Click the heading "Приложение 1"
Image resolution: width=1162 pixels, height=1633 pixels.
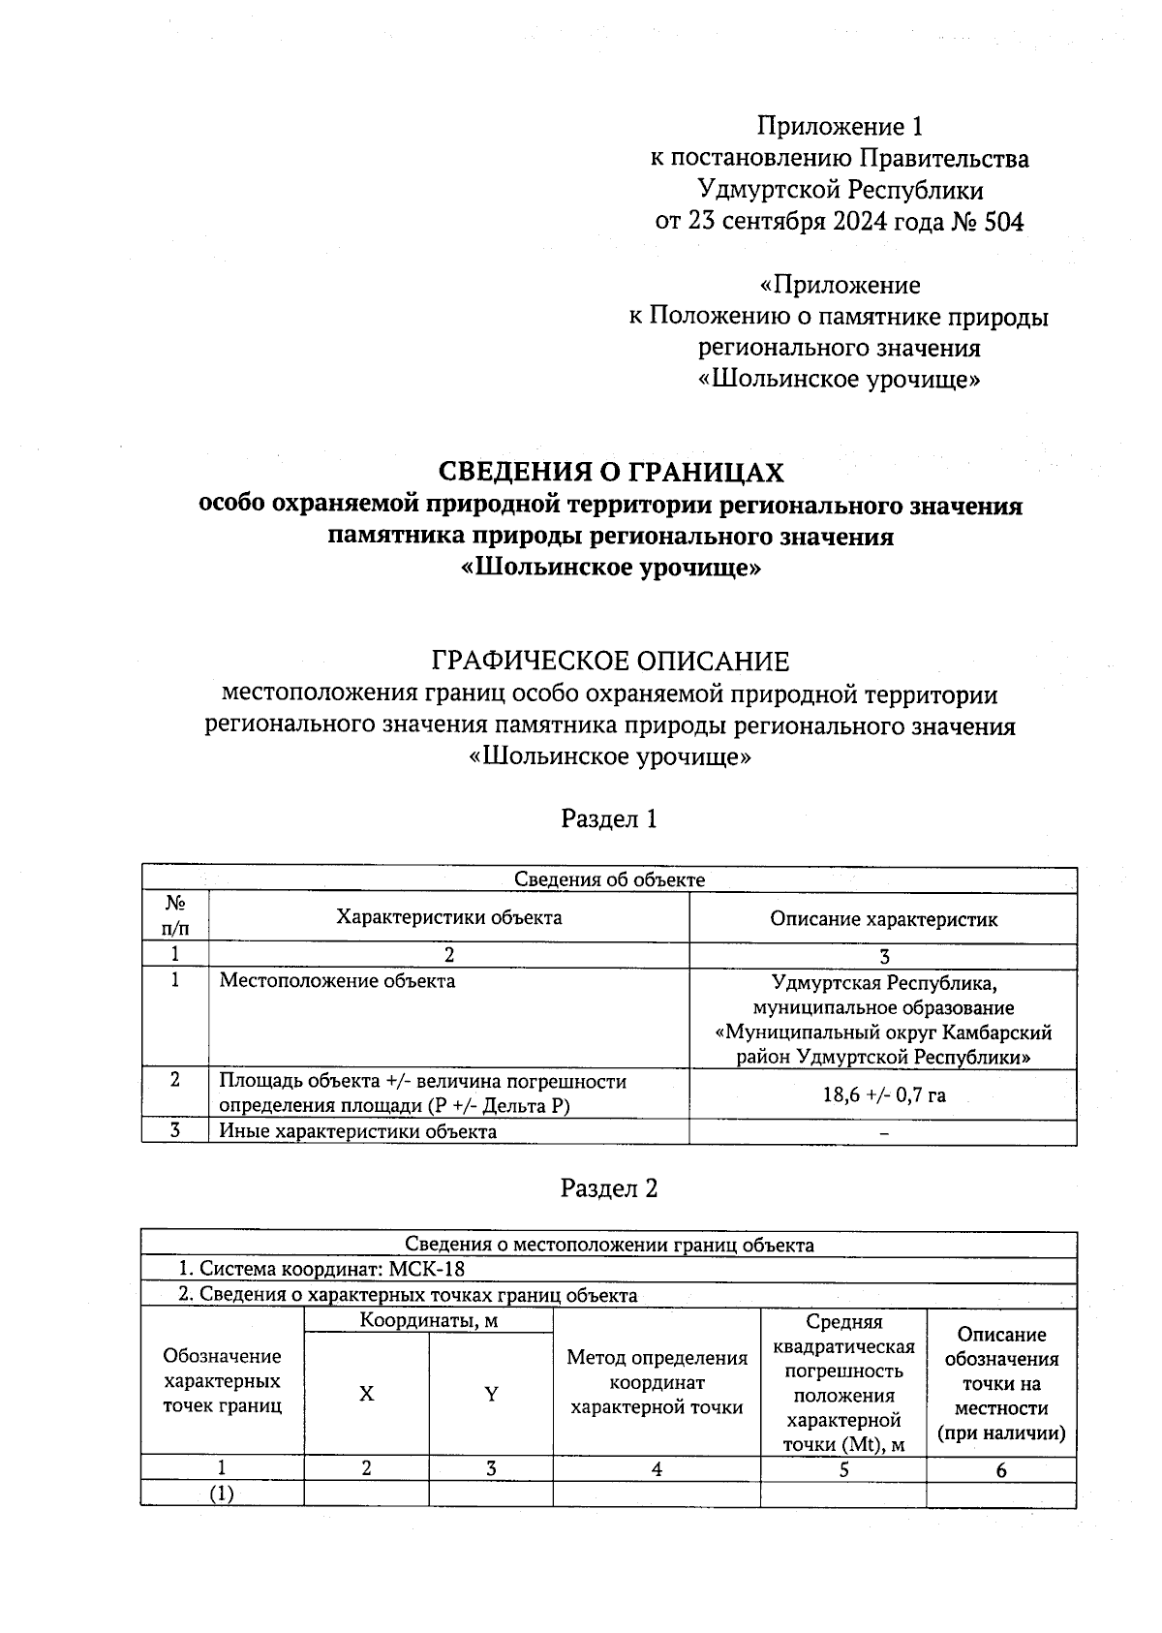(x=840, y=127)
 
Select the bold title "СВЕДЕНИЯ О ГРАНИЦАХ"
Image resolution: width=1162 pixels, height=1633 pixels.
(x=610, y=473)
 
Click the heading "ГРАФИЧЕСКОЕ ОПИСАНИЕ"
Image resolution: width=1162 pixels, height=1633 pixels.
(x=610, y=662)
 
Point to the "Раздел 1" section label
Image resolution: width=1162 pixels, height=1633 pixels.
(x=609, y=819)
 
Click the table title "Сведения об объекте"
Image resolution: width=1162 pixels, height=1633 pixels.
(x=609, y=879)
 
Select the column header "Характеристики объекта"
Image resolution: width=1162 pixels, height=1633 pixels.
(x=448, y=917)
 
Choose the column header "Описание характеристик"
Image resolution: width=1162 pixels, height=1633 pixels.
(x=883, y=919)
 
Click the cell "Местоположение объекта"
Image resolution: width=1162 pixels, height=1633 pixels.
(x=337, y=981)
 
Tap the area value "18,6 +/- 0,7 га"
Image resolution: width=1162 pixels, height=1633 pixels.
(x=883, y=1095)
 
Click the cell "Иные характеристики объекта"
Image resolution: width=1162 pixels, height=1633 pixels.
(x=357, y=1131)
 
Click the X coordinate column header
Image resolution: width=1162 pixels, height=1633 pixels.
(x=366, y=1394)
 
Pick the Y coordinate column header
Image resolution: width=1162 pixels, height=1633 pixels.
(x=491, y=1394)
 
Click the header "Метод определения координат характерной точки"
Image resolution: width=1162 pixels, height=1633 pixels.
(x=657, y=1383)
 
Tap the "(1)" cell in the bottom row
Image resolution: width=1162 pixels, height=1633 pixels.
(x=222, y=1494)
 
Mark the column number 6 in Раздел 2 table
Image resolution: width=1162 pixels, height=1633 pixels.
(x=1000, y=1470)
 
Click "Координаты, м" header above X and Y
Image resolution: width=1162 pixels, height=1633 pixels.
(x=429, y=1320)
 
